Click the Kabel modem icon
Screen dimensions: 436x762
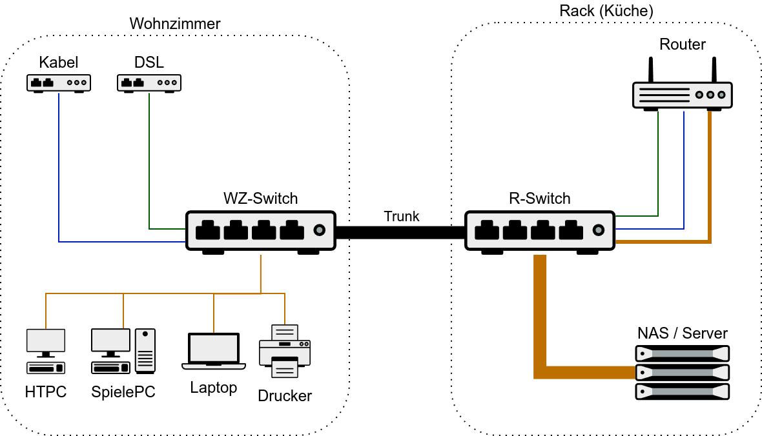click(x=59, y=83)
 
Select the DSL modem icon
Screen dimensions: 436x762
click(x=149, y=83)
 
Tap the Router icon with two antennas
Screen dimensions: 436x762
click(x=682, y=94)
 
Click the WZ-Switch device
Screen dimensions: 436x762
click(x=261, y=230)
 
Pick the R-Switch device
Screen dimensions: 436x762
click(x=540, y=230)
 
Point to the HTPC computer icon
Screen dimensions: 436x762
click(x=46, y=351)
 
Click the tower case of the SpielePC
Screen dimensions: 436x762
click(x=145, y=351)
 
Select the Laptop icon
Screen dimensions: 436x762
click(x=214, y=351)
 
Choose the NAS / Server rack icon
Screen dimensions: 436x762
click(x=683, y=372)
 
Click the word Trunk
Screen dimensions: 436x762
click(x=401, y=216)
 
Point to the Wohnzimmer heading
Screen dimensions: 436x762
click(x=175, y=24)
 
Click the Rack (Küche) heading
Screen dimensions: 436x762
click(x=606, y=11)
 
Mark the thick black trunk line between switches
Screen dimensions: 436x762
click(x=400, y=232)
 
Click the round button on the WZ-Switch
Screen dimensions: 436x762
click(x=318, y=230)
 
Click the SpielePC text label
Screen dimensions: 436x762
click(x=123, y=392)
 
